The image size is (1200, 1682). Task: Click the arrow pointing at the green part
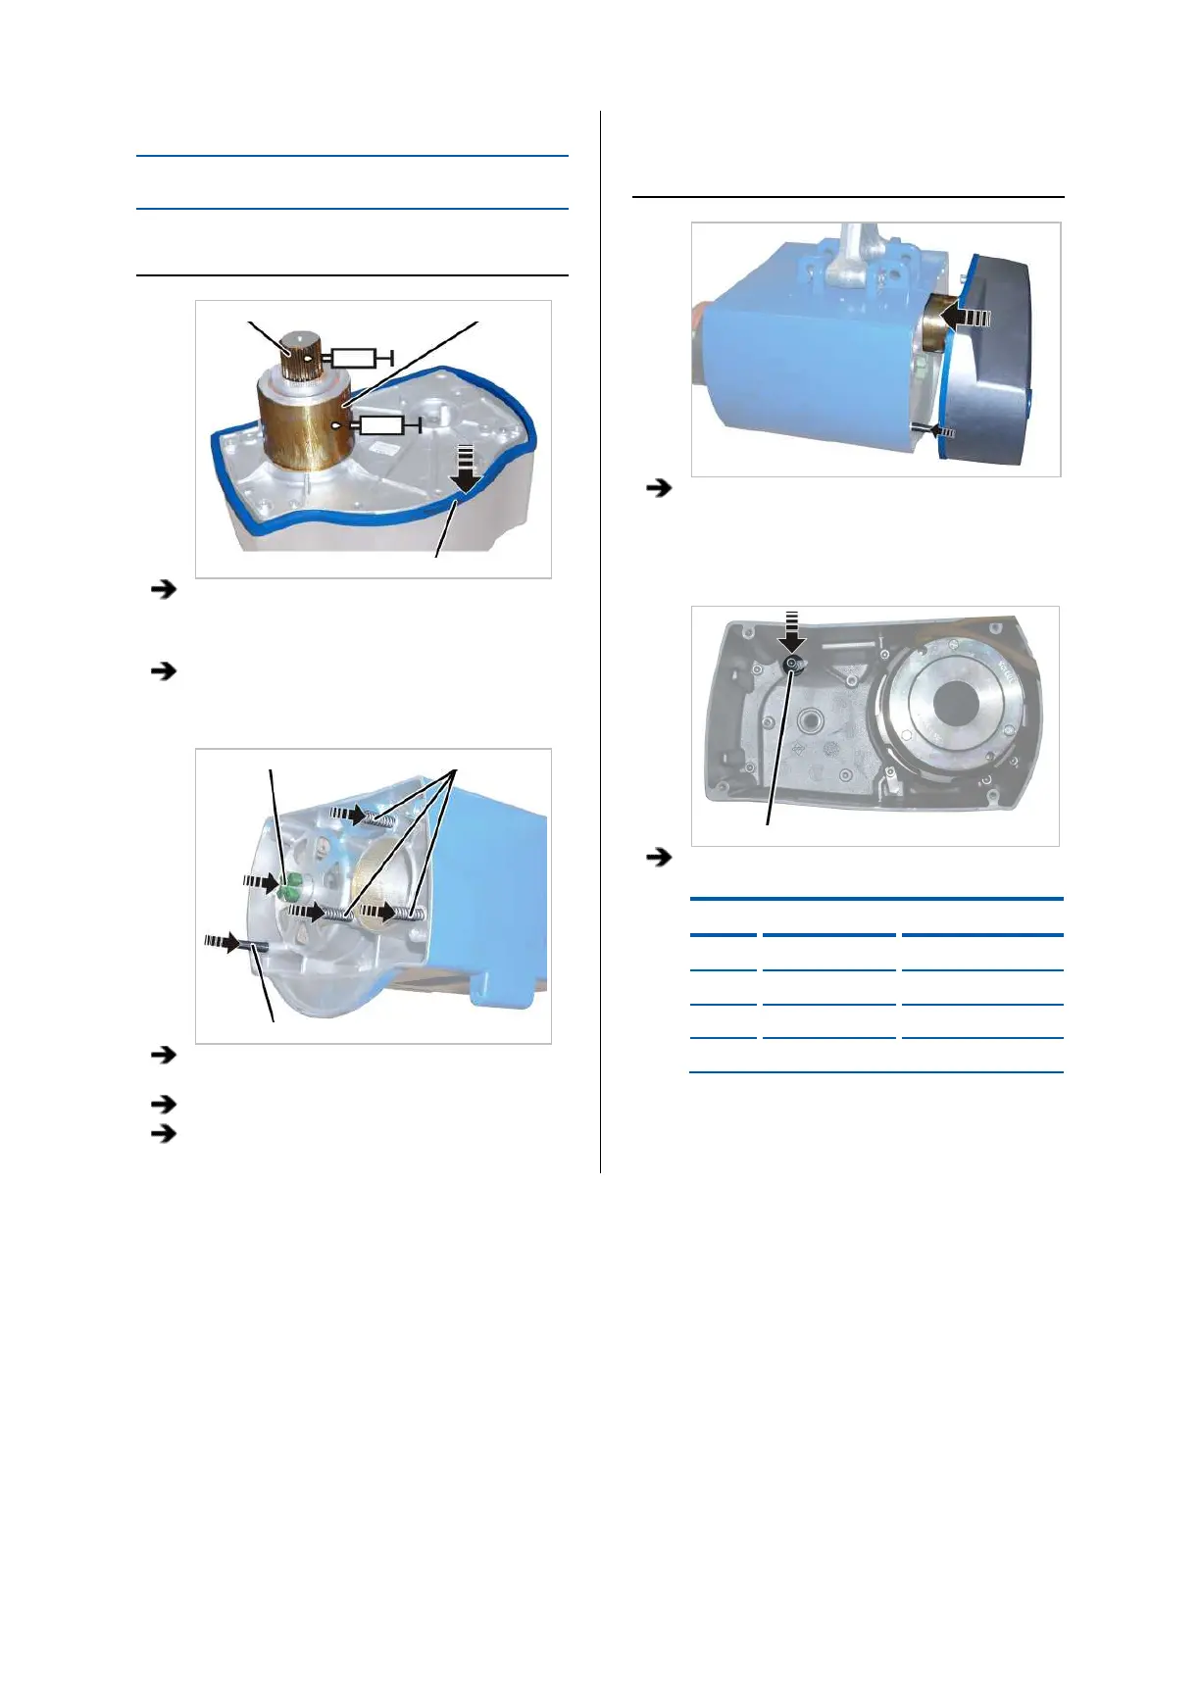(262, 882)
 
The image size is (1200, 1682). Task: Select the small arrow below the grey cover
(942, 430)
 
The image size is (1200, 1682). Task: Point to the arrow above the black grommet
(792, 631)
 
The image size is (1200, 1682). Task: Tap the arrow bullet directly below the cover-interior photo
(661, 858)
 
